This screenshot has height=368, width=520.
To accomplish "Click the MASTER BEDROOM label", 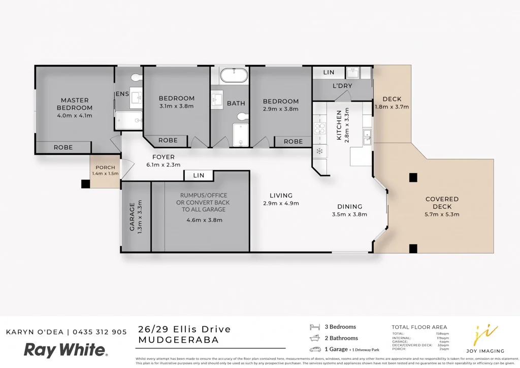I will point(75,104).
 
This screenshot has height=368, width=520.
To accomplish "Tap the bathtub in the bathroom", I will point(234,76).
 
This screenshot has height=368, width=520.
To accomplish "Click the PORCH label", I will point(105,168).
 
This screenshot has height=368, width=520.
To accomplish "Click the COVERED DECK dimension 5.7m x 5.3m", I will point(442,214).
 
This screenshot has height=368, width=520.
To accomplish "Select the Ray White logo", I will point(66,350).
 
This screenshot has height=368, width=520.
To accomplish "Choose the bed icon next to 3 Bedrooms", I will point(315,327).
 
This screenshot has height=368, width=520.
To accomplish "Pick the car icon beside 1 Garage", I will point(315,349).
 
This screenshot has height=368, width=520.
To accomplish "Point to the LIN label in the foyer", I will point(199,175).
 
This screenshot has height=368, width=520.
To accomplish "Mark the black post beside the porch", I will point(85,184).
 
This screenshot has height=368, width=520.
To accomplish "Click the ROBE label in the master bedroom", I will point(63,148).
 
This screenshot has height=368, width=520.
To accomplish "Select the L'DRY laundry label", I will point(342,86).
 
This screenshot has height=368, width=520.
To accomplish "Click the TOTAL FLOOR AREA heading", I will point(419,327).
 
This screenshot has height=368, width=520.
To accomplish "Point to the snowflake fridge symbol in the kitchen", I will point(319,151).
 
